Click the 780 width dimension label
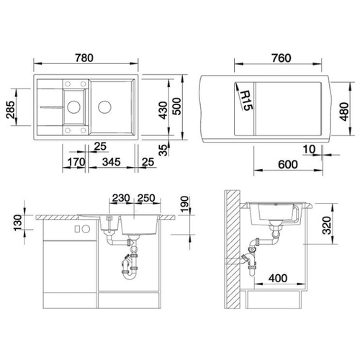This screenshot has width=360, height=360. pos(84,58)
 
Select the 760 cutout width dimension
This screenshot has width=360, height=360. pos(282,58)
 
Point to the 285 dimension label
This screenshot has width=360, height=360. pos(10,109)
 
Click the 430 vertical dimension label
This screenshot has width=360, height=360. pos(163,110)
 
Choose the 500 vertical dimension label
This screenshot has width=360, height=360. pos(177,107)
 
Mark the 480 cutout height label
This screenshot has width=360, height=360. pos(344,112)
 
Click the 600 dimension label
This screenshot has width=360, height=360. pos(288,164)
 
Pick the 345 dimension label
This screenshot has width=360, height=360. pos(111,162)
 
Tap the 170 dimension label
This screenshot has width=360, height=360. pos(76,162)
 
